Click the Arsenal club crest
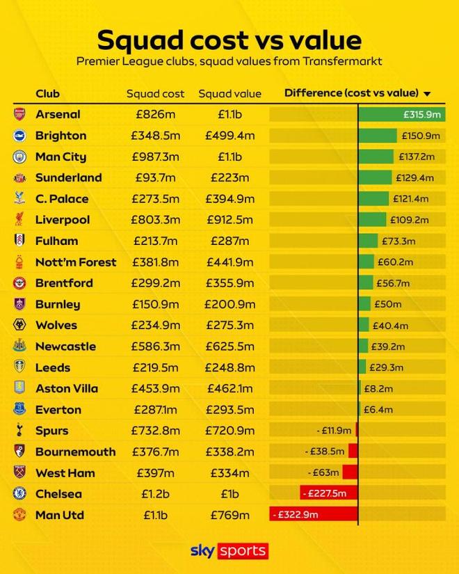click(x=19, y=114)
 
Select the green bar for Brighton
click(x=378, y=136)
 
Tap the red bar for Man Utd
click(x=314, y=515)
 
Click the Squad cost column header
click(x=154, y=94)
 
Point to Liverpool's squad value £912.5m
click(x=229, y=220)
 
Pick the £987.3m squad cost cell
click(x=155, y=157)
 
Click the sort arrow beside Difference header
click(x=427, y=94)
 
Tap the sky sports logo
click(x=229, y=551)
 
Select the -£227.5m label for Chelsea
click(x=323, y=494)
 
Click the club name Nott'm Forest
click(x=76, y=262)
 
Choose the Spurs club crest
click(x=19, y=431)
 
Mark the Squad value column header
click(x=229, y=94)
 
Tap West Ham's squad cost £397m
click(x=155, y=473)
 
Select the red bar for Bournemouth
click(x=353, y=452)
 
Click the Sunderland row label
click(x=68, y=177)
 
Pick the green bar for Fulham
click(x=369, y=241)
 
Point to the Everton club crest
click(x=19, y=410)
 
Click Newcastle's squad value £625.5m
click(x=229, y=346)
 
